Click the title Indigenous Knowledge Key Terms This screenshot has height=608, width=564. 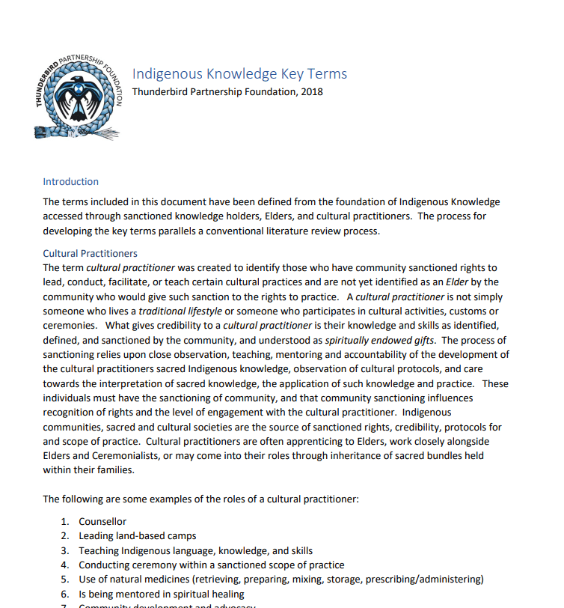(239, 73)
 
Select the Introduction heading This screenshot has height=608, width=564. (70, 181)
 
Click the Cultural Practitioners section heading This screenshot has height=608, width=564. (90, 253)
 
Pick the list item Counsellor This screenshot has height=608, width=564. (102, 521)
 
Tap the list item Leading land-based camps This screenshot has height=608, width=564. (138, 535)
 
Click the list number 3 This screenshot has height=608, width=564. (65, 550)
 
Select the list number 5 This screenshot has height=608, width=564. (65, 579)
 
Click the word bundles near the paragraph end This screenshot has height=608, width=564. (446, 455)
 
